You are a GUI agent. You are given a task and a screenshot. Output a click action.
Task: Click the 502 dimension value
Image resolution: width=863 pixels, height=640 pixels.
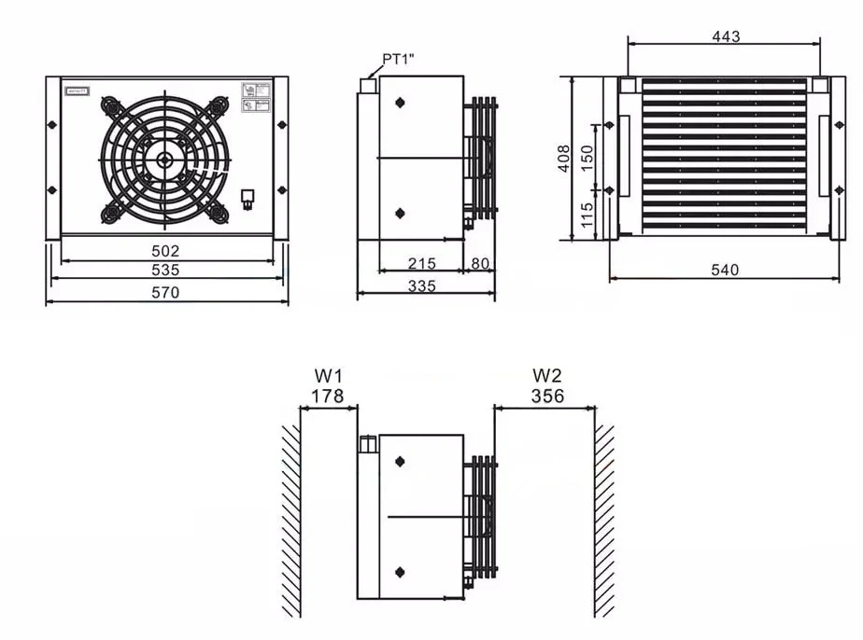[x=165, y=251]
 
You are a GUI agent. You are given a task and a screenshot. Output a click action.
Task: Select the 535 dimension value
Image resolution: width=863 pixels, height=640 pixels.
[x=165, y=271]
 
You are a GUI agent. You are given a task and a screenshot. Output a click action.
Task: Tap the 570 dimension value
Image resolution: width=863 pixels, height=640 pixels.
[x=165, y=292]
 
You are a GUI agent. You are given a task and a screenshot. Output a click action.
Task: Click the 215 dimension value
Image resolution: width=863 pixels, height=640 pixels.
[x=422, y=264]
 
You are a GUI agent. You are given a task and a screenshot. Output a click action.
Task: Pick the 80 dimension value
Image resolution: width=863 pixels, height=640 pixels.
[x=480, y=264]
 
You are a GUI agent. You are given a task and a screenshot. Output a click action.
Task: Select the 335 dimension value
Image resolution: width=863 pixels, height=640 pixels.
[x=422, y=286]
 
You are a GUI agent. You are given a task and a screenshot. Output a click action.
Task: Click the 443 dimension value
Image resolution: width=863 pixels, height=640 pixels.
[x=725, y=36]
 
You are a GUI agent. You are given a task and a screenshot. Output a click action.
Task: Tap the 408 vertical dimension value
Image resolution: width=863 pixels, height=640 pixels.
[x=564, y=159]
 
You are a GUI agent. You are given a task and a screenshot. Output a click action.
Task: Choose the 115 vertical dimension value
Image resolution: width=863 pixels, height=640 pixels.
[x=587, y=216]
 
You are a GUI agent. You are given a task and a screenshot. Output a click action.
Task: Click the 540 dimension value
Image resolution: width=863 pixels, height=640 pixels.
[x=724, y=271]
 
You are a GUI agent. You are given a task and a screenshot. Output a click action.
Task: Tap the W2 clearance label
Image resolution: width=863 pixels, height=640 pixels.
[x=547, y=376]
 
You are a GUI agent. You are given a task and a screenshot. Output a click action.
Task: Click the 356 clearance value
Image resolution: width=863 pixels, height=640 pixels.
[x=547, y=397]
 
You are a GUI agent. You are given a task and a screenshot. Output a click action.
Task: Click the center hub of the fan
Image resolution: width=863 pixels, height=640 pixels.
[x=165, y=159]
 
